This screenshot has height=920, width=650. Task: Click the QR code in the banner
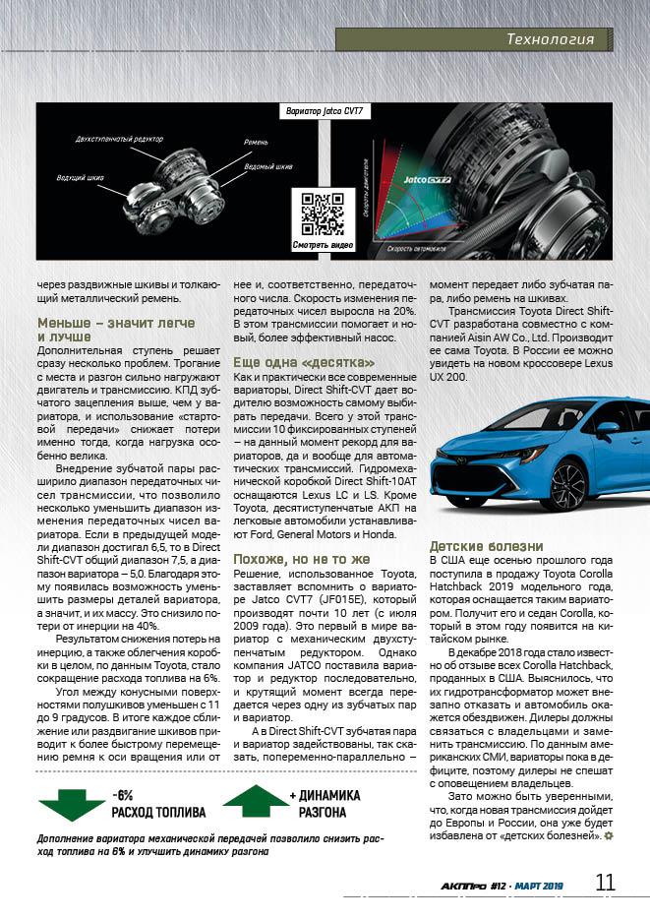tap(322, 214)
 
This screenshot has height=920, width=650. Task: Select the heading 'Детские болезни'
tap(486, 545)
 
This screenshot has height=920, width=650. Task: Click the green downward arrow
tap(72, 803)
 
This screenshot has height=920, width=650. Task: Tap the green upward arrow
tap(255, 801)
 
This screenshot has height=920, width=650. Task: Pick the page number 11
tap(606, 882)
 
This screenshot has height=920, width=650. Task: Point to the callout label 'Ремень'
tap(256, 143)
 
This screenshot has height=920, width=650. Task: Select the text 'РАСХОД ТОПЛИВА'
tap(157, 813)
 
